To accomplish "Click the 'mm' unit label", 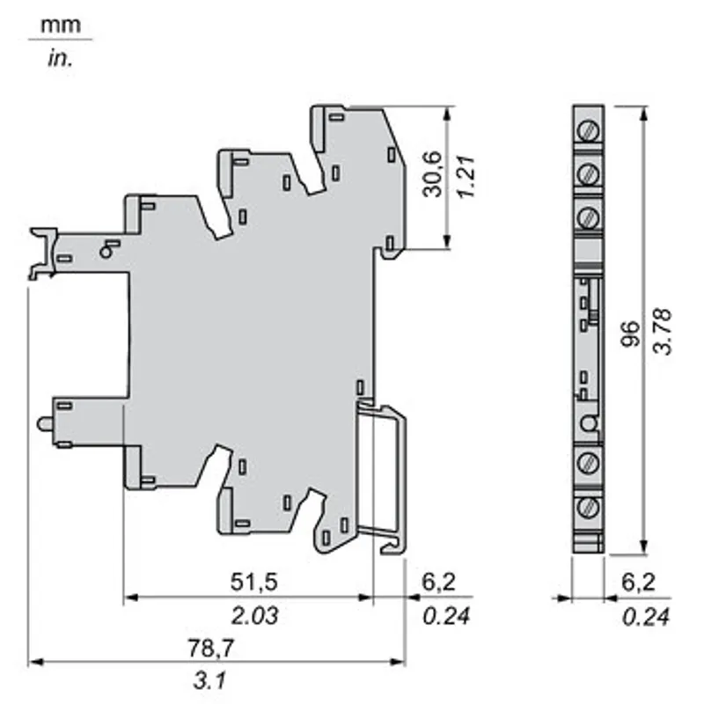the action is [61, 26].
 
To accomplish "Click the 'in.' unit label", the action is [60, 59].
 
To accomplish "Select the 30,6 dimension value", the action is [432, 174].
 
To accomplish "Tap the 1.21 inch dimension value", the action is [466, 176].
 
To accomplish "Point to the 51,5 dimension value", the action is [254, 582].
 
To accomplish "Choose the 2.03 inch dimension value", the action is [254, 615].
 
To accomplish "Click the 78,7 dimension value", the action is [210, 648].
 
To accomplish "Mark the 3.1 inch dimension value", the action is [209, 680].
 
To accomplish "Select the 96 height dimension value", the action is [630, 334].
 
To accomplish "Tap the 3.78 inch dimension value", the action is [664, 332].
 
